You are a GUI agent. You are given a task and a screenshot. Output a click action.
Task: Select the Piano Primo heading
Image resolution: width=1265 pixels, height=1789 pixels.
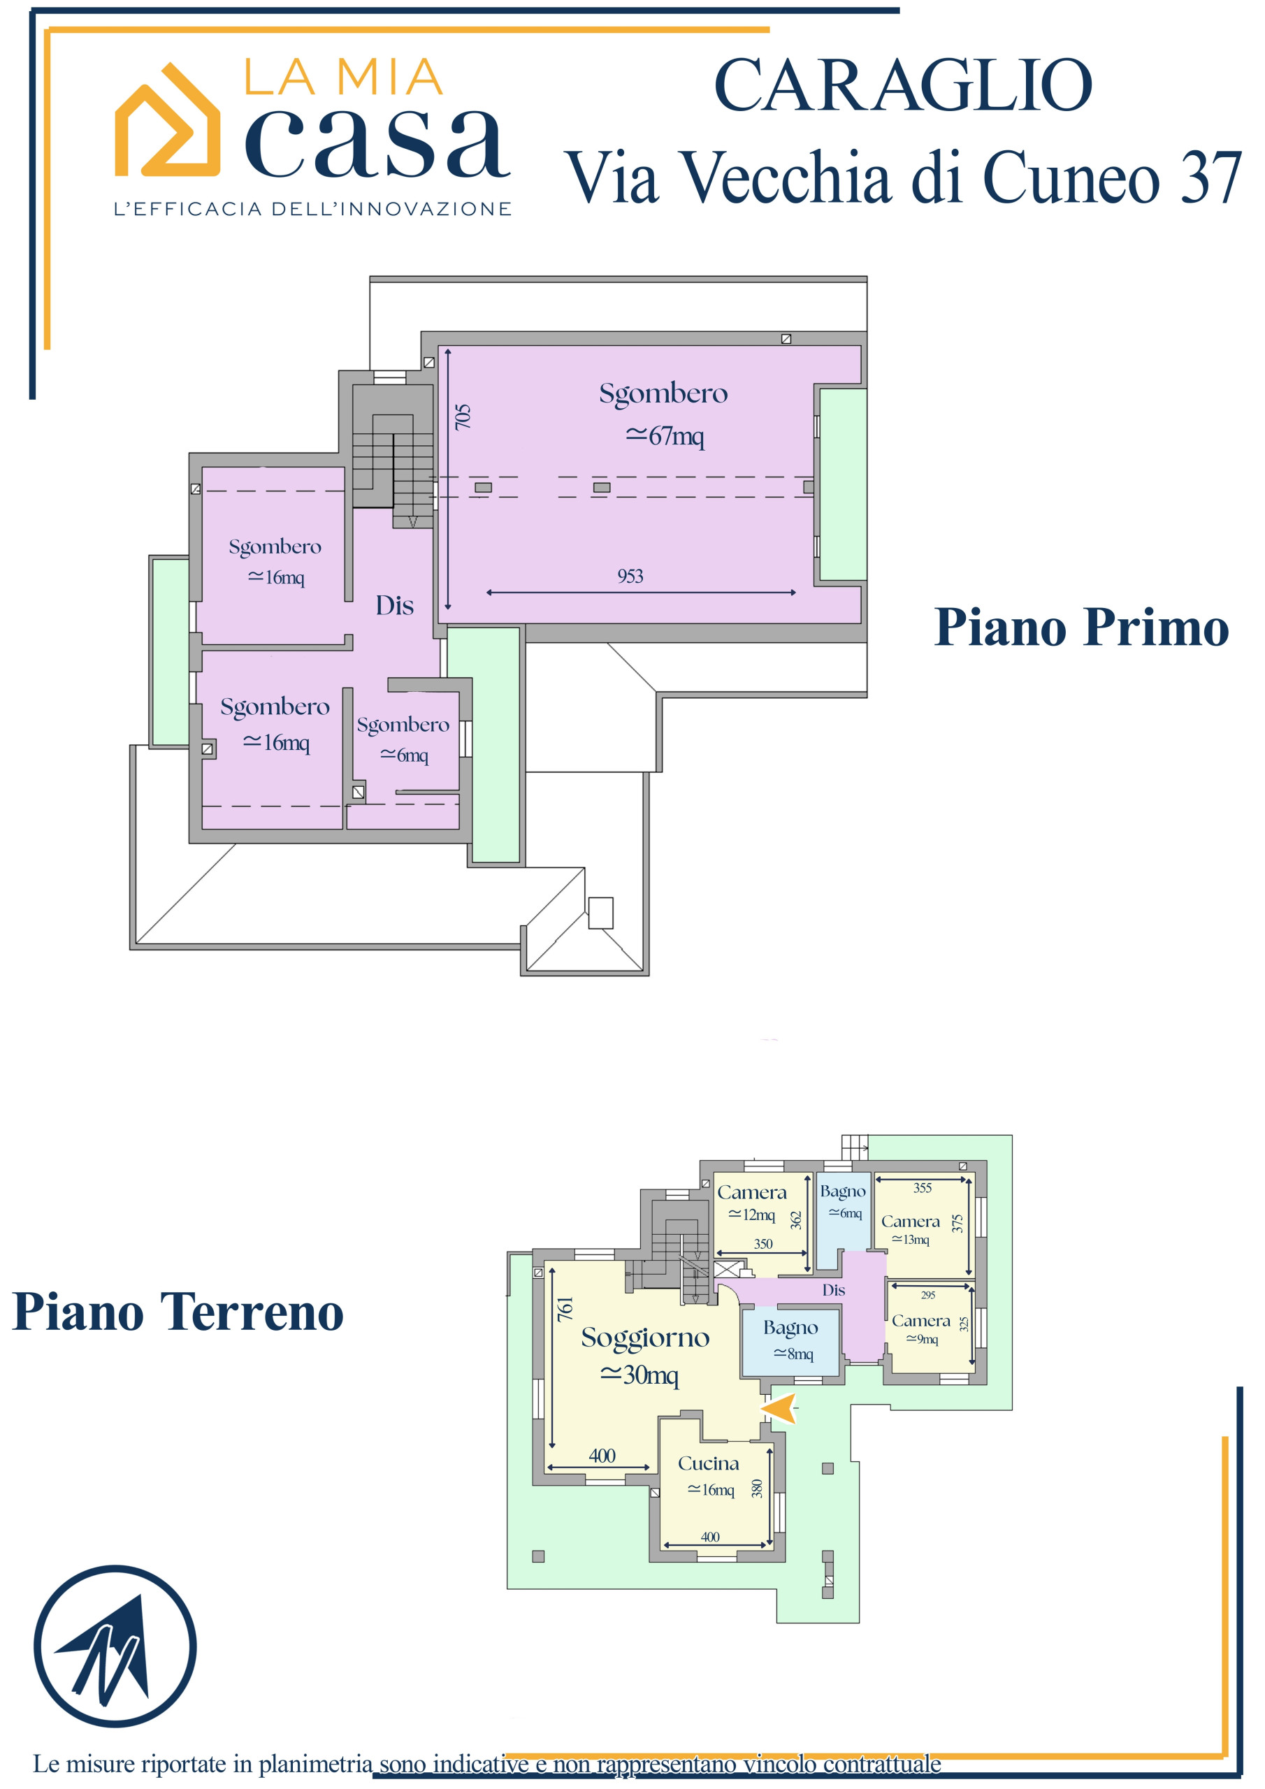[1081, 628]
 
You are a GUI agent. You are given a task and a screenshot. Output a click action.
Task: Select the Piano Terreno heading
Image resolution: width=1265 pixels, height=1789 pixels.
[178, 1312]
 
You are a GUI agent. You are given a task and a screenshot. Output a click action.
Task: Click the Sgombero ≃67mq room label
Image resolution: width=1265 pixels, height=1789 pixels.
[663, 413]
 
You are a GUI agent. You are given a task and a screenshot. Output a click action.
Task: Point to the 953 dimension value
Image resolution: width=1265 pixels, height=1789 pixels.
[630, 576]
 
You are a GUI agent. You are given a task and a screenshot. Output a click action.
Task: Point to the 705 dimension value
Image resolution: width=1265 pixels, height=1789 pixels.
[463, 416]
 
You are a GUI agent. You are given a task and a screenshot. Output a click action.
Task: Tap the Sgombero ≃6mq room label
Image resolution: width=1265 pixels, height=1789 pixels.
[403, 739]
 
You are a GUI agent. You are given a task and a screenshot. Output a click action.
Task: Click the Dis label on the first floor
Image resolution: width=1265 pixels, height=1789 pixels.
[394, 606]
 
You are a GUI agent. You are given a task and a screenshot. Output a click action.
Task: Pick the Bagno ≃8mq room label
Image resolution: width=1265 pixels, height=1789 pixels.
[791, 1340]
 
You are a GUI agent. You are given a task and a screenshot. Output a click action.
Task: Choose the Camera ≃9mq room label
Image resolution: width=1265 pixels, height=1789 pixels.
[921, 1329]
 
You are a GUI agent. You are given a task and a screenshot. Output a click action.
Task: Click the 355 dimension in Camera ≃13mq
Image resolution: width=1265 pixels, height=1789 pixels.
[922, 1188]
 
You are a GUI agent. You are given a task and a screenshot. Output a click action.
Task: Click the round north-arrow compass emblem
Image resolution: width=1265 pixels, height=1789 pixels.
[115, 1646]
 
